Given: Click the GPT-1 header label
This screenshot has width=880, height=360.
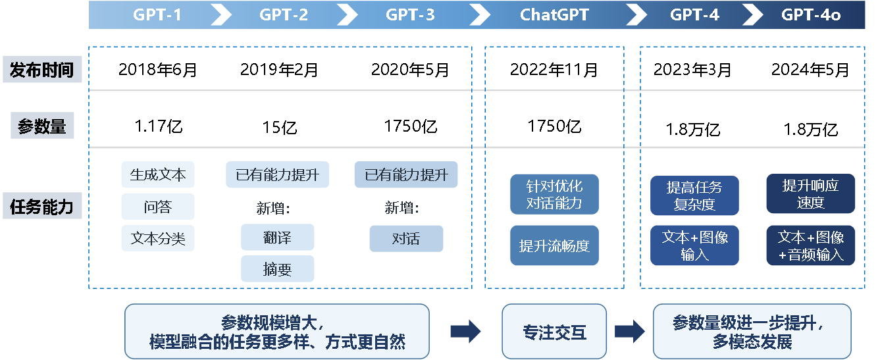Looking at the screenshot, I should tap(157, 14).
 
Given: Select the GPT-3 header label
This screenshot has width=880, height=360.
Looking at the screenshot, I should tap(410, 14).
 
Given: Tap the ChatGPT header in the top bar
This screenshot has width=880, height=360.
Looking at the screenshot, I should tap(555, 14).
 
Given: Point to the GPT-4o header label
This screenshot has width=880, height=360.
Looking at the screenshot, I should tap(811, 14).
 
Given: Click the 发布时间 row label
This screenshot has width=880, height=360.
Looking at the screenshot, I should tap(42, 70).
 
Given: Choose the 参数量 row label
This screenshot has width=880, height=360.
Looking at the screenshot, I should tap(42, 126).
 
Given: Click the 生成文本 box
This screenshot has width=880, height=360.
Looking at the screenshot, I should tap(158, 175).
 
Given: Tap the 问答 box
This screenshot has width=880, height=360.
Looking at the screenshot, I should tap(158, 207).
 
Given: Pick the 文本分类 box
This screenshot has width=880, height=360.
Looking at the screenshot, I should tap(158, 238).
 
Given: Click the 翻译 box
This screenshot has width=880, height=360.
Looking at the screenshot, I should tap(277, 238).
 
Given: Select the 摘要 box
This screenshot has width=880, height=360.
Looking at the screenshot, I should tap(277, 269).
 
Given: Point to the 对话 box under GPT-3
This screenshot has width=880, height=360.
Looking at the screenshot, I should tap(406, 238).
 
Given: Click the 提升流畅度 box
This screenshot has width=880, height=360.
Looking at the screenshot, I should tap(554, 246).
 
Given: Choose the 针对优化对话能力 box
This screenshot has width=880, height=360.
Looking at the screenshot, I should tap(554, 194).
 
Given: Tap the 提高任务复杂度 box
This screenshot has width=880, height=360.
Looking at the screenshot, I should tap(694, 195).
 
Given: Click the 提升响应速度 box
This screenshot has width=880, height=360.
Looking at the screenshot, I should tap(810, 194).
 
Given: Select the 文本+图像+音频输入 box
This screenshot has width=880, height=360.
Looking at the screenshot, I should tap(810, 246).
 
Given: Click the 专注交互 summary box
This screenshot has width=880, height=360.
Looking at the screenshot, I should tap(554, 332).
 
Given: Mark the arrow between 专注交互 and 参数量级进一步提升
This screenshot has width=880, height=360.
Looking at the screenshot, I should tap(629, 332).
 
